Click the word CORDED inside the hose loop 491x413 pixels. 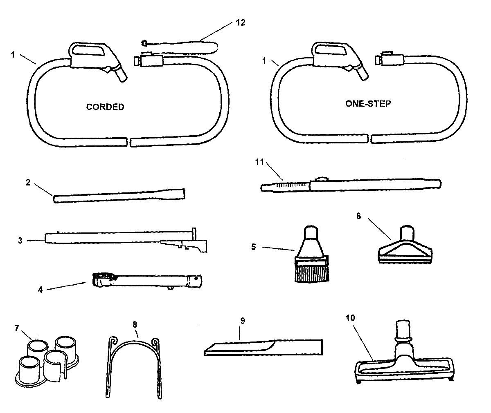(105, 107)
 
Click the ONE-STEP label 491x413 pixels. (368, 103)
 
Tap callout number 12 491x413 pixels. (241, 22)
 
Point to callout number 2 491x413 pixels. (28, 183)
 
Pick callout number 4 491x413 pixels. (40, 289)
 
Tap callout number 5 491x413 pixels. (253, 247)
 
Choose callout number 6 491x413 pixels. (359, 216)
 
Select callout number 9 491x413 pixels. (242, 321)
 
